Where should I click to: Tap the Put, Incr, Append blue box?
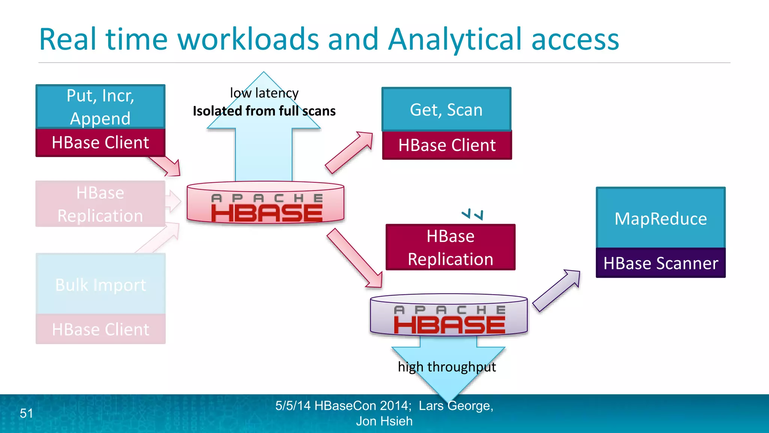[x=100, y=107]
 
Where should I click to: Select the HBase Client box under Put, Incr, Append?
[x=100, y=143]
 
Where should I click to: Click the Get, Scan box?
[x=446, y=110]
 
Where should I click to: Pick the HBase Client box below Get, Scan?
[x=447, y=145]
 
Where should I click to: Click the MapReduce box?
[x=660, y=218]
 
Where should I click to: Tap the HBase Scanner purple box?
[x=660, y=263]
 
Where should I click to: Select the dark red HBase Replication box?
[x=450, y=247]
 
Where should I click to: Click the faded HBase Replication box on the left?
[x=100, y=204]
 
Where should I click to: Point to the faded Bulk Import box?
[x=100, y=285]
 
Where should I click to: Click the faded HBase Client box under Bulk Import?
[x=100, y=329]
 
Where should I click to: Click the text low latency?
[x=264, y=93]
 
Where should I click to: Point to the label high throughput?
[x=446, y=366]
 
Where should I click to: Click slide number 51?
[x=26, y=413]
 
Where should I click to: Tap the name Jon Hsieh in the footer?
[x=384, y=421]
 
